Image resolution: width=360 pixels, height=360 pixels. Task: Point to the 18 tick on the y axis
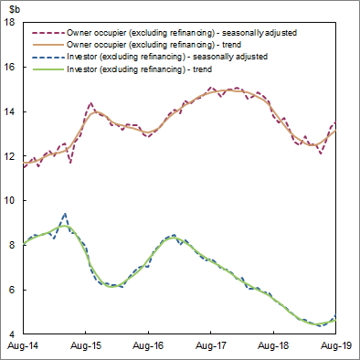(10, 22)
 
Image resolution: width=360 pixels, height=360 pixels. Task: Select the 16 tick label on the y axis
(10, 67)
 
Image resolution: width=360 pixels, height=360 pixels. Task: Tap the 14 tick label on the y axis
(10, 111)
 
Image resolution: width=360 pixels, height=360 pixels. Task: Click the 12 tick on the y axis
(10, 156)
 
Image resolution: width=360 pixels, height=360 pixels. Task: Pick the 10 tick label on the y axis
(10, 200)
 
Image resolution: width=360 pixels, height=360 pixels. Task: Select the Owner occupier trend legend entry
(164, 43)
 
